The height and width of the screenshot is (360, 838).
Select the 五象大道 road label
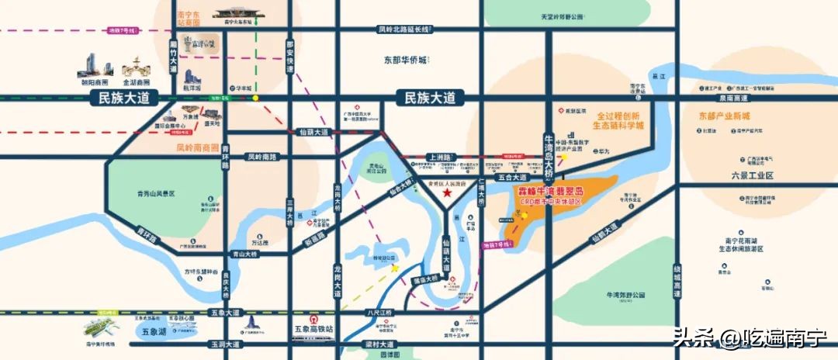[x=225, y=313]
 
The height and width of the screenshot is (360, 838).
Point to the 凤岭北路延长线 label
[x=403, y=29]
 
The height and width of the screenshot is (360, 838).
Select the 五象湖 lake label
[x=153, y=331]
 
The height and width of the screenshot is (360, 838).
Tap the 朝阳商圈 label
[x=94, y=81]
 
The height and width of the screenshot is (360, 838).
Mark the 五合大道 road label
[x=514, y=178]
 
